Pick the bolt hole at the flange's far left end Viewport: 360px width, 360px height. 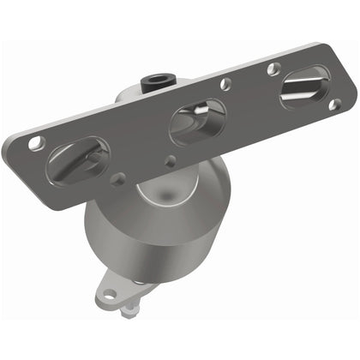coord(35,143)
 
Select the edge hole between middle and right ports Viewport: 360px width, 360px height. coord(225,84)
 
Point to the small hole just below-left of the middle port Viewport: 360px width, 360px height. coord(171,159)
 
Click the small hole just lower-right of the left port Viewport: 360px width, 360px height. coord(118,178)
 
